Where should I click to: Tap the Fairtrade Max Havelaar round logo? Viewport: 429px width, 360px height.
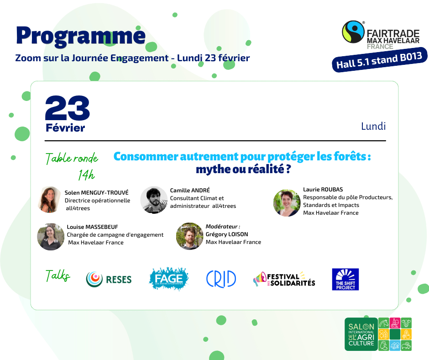click(353, 32)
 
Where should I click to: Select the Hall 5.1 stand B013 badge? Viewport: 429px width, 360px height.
click(379, 60)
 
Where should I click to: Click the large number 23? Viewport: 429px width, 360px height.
click(67, 108)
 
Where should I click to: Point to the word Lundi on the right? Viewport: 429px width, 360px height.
click(373, 126)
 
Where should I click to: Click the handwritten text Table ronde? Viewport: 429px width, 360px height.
click(72, 158)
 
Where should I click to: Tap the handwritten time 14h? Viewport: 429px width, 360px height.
click(86, 175)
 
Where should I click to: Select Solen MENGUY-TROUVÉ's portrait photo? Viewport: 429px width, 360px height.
click(50, 200)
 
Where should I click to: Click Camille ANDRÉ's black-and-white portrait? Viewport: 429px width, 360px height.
click(154, 200)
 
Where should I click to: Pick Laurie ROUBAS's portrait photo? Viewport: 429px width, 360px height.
click(287, 203)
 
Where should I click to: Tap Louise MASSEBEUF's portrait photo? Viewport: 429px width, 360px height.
click(51, 237)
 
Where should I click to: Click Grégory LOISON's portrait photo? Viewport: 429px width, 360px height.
click(189, 236)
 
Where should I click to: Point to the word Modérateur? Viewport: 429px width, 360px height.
click(222, 227)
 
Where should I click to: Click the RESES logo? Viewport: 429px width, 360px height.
click(109, 280)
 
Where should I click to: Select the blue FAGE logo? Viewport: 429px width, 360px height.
click(169, 279)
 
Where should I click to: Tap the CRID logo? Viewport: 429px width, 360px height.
click(221, 279)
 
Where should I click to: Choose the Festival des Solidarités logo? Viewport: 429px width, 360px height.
click(284, 279)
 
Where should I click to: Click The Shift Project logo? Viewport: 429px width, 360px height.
click(345, 279)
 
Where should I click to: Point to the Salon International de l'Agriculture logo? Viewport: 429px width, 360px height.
click(378, 334)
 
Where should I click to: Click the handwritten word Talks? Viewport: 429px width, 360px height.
click(58, 275)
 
